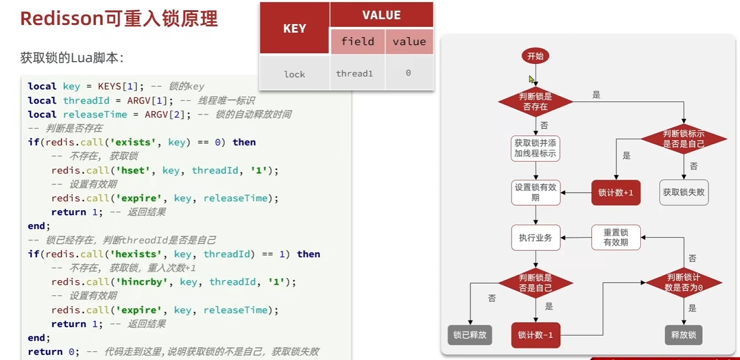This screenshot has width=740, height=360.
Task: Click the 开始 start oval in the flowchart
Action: coord(535,56)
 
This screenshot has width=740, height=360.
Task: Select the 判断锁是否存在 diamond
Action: coord(535,102)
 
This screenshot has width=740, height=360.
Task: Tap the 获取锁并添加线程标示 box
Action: coord(535,148)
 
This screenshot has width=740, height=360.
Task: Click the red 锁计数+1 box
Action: coord(616,193)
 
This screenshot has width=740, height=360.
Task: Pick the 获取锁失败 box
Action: coord(684,192)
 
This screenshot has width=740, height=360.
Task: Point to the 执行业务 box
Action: coord(535,238)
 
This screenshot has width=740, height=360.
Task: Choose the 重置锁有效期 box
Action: coord(616,238)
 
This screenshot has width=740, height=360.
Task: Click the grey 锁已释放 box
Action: coord(470,335)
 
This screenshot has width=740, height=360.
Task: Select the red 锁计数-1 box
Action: coord(535,335)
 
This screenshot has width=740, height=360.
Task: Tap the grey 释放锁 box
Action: coord(684,335)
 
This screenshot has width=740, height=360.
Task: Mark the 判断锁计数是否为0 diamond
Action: coord(684,282)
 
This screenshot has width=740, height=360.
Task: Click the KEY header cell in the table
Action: coord(294,28)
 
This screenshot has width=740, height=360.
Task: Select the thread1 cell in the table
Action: coord(355,73)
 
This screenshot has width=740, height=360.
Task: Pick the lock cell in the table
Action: coord(294,74)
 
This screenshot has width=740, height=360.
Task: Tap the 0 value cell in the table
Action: coord(409,73)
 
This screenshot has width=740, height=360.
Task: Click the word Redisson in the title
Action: coord(62,18)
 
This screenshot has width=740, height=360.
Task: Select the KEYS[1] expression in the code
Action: coord(118,87)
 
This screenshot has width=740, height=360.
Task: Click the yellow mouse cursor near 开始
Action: coord(531,79)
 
